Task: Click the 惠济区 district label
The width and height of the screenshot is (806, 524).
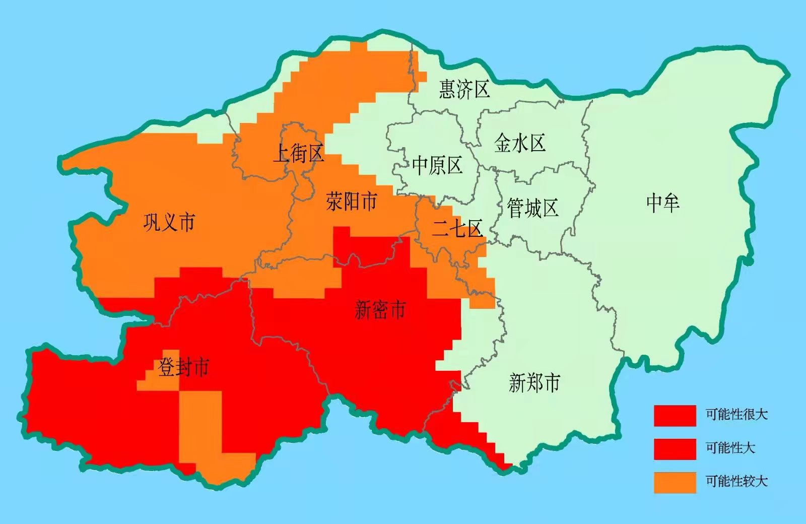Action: pos(464,89)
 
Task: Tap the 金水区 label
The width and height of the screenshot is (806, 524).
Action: pos(520,144)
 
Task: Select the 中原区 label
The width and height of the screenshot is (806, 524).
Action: pos(437,165)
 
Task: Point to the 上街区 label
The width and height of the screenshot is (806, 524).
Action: pos(298,153)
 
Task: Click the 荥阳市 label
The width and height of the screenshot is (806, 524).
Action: pos(351,202)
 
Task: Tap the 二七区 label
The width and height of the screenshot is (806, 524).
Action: pos(457,229)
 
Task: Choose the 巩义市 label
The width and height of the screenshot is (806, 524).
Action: pos(169,222)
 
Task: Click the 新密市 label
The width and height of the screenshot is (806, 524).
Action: pos(380,309)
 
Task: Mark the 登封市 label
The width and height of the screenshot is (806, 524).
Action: pos(183,367)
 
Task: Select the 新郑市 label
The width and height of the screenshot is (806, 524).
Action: pos(534,383)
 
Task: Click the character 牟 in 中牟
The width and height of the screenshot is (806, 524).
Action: pos(671,203)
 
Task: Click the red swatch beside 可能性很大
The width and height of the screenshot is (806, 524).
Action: pos(675,416)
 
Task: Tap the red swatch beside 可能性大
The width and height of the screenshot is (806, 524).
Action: pos(675,448)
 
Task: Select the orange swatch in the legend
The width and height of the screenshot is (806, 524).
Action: pos(675,482)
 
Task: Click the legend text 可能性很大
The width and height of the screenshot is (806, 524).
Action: pos(736,415)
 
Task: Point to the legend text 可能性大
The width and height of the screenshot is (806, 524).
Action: pos(730,447)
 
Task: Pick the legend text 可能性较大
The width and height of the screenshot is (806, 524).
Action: pos(736,481)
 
